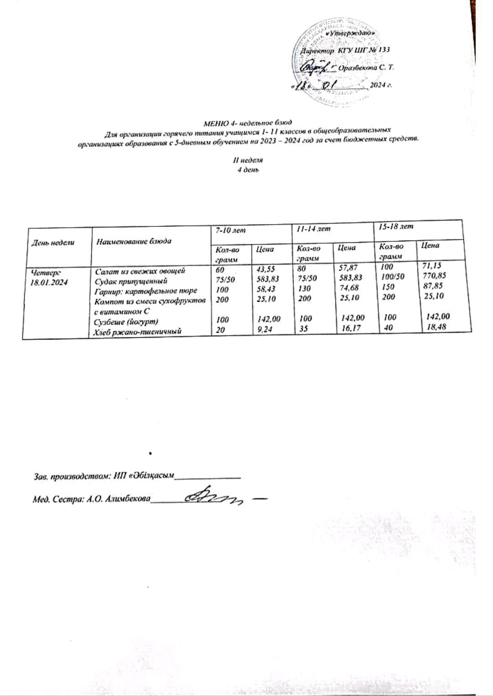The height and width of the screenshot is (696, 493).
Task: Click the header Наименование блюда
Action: (x=134, y=241)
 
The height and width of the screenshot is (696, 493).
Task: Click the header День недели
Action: (x=52, y=243)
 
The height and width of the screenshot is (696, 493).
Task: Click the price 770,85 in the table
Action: (x=435, y=276)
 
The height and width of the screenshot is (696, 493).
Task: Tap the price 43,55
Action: (x=265, y=269)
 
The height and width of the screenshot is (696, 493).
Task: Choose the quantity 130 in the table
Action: (x=304, y=288)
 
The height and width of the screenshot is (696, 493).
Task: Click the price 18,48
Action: (x=435, y=326)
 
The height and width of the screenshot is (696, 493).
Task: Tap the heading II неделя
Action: (x=247, y=160)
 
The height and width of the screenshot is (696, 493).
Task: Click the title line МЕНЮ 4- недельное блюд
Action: (x=247, y=122)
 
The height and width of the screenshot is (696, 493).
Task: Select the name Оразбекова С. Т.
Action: (x=367, y=67)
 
